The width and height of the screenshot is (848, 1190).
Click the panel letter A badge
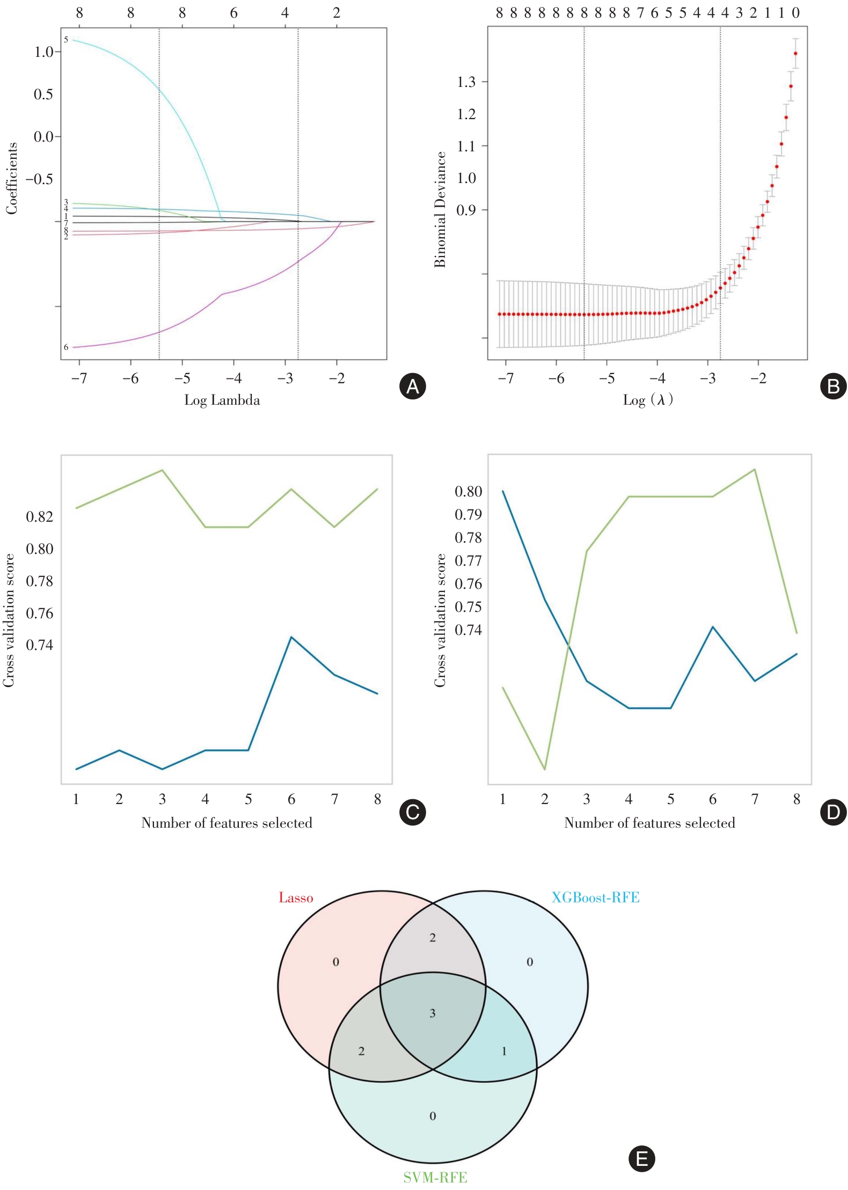[x=413, y=386]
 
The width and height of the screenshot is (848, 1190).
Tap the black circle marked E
[x=641, y=1158]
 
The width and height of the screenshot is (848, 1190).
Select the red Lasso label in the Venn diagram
[x=296, y=897]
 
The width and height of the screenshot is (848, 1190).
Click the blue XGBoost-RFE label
[x=595, y=897]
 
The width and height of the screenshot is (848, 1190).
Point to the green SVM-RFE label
[x=435, y=1178]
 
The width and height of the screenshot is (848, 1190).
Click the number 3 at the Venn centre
[x=433, y=1013]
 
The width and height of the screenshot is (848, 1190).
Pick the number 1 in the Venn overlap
[x=504, y=1051]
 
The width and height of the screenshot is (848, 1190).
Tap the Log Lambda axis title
[x=222, y=400]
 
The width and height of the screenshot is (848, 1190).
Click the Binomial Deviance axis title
[x=440, y=209]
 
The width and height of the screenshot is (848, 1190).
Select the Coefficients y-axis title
[x=12, y=178]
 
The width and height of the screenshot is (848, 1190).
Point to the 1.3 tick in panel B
[x=466, y=82]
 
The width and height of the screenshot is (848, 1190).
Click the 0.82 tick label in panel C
[x=40, y=516]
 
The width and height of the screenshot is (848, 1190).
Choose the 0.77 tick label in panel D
[x=468, y=561]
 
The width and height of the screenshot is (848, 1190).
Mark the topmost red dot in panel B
[x=795, y=54]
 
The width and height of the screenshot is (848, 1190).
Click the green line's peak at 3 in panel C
[x=162, y=470]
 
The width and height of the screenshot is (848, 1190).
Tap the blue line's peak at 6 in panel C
[x=291, y=637]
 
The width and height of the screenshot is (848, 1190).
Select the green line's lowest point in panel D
[x=545, y=769]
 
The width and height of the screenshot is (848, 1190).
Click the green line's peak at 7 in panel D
[x=755, y=470]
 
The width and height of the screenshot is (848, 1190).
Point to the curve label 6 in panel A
[x=66, y=347]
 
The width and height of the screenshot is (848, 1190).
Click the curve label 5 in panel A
[x=66, y=40]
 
